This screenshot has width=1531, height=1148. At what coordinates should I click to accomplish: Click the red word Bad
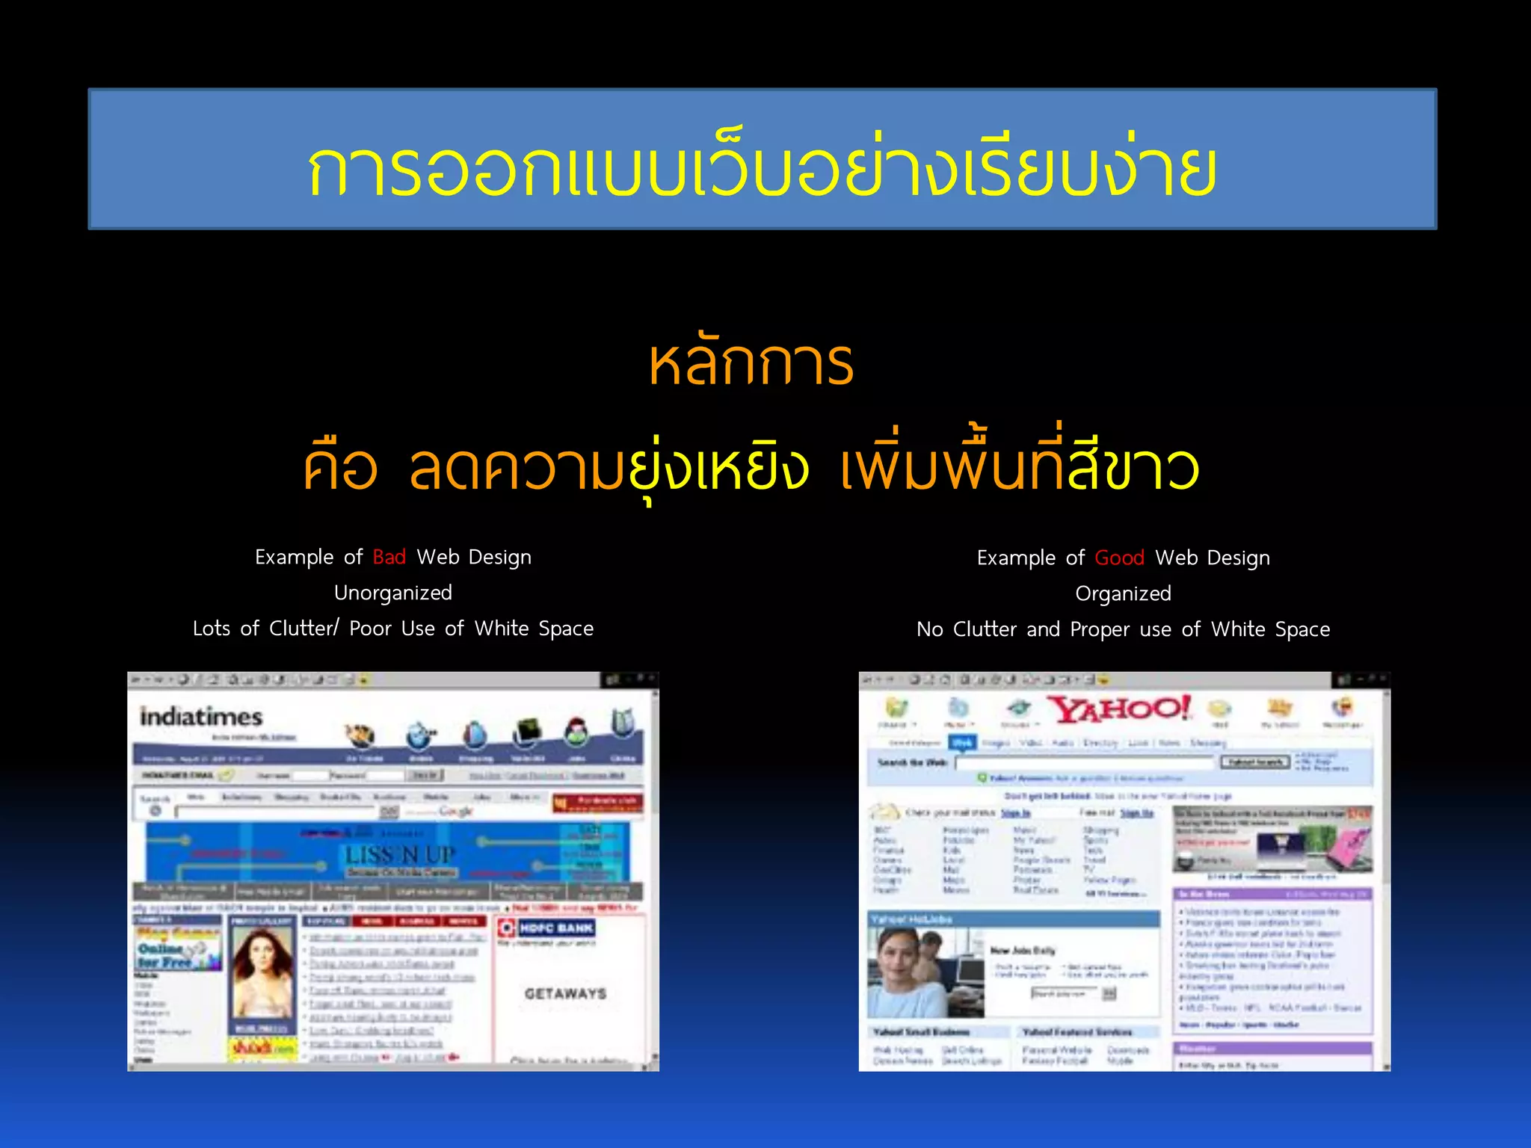(x=389, y=557)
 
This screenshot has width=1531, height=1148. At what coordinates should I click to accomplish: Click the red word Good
(x=1119, y=558)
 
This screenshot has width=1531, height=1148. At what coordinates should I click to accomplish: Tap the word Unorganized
(x=392, y=593)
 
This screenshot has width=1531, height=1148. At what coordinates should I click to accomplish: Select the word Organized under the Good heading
(x=1123, y=593)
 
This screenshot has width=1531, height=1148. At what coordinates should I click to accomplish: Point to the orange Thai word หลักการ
(x=751, y=364)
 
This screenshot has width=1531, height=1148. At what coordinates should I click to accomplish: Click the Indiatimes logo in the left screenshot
(x=201, y=717)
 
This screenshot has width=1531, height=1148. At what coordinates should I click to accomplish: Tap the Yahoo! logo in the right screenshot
(x=1118, y=709)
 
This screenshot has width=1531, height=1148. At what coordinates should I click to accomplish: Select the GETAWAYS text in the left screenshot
(x=565, y=993)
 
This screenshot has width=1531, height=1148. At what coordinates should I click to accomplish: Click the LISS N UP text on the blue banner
(x=400, y=854)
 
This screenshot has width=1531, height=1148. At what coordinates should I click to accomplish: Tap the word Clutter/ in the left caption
(x=304, y=629)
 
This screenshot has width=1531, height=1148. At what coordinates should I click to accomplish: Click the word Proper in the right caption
(x=1100, y=629)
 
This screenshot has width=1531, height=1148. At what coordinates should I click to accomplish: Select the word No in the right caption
(x=929, y=629)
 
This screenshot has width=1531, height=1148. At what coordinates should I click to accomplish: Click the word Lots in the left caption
(x=212, y=629)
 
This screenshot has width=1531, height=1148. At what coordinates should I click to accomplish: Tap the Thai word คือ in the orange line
(x=339, y=468)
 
